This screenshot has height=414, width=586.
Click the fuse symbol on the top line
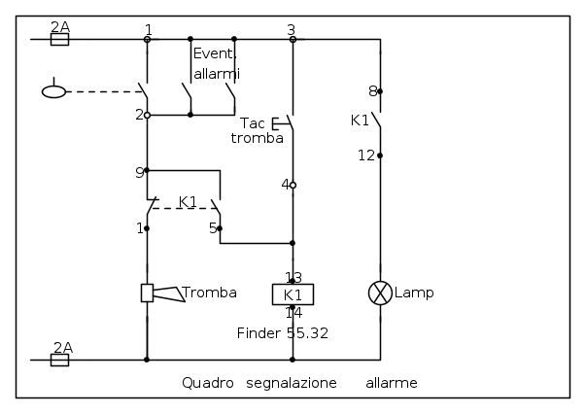tap(60, 39)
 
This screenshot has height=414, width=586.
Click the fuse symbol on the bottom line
tap(60, 361)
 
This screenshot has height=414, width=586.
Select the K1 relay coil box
tap(293, 294)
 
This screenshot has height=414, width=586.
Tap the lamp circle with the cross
tap(380, 293)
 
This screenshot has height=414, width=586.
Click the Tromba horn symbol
tap(162, 293)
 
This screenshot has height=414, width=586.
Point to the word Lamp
tap(414, 293)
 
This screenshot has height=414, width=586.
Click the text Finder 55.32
tap(283, 333)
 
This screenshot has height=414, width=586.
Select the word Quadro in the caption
tap(208, 383)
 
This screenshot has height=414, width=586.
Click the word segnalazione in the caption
tap(292, 383)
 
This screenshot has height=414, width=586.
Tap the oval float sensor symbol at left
tap(53, 91)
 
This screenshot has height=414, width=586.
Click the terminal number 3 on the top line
tap(292, 30)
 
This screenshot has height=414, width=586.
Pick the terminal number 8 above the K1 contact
tap(372, 91)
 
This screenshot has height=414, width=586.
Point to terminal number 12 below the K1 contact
tap(365, 155)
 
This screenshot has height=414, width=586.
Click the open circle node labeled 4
tap(293, 185)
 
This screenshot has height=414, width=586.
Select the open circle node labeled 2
tap(148, 115)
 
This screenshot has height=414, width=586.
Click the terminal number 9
tap(139, 173)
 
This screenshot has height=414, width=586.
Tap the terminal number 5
tap(213, 228)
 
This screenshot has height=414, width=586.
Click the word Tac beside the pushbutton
tap(253, 122)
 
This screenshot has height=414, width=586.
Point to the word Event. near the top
tap(215, 53)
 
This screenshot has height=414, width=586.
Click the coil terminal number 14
tap(293, 313)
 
